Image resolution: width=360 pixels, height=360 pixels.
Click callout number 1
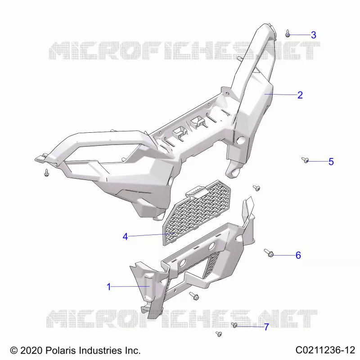109,287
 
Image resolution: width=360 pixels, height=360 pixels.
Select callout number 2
300,95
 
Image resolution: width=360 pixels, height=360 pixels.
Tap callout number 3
313,35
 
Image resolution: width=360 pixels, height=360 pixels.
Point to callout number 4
125,237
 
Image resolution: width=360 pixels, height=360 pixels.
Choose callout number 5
331,162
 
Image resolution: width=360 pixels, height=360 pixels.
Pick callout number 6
298,255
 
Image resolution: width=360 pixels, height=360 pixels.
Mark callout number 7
266,327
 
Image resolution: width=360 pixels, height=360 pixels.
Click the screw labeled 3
287,33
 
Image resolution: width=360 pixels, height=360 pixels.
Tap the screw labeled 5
305,160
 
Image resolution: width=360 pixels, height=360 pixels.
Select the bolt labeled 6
269,253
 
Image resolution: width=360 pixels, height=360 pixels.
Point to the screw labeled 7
234,325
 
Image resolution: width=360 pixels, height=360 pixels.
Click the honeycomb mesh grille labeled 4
198,212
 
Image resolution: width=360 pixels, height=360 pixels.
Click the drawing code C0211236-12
325,350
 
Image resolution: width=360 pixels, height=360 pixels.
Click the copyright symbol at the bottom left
14,351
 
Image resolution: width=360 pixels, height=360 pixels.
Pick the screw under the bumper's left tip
47,173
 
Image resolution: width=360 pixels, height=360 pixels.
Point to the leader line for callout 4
151,235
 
